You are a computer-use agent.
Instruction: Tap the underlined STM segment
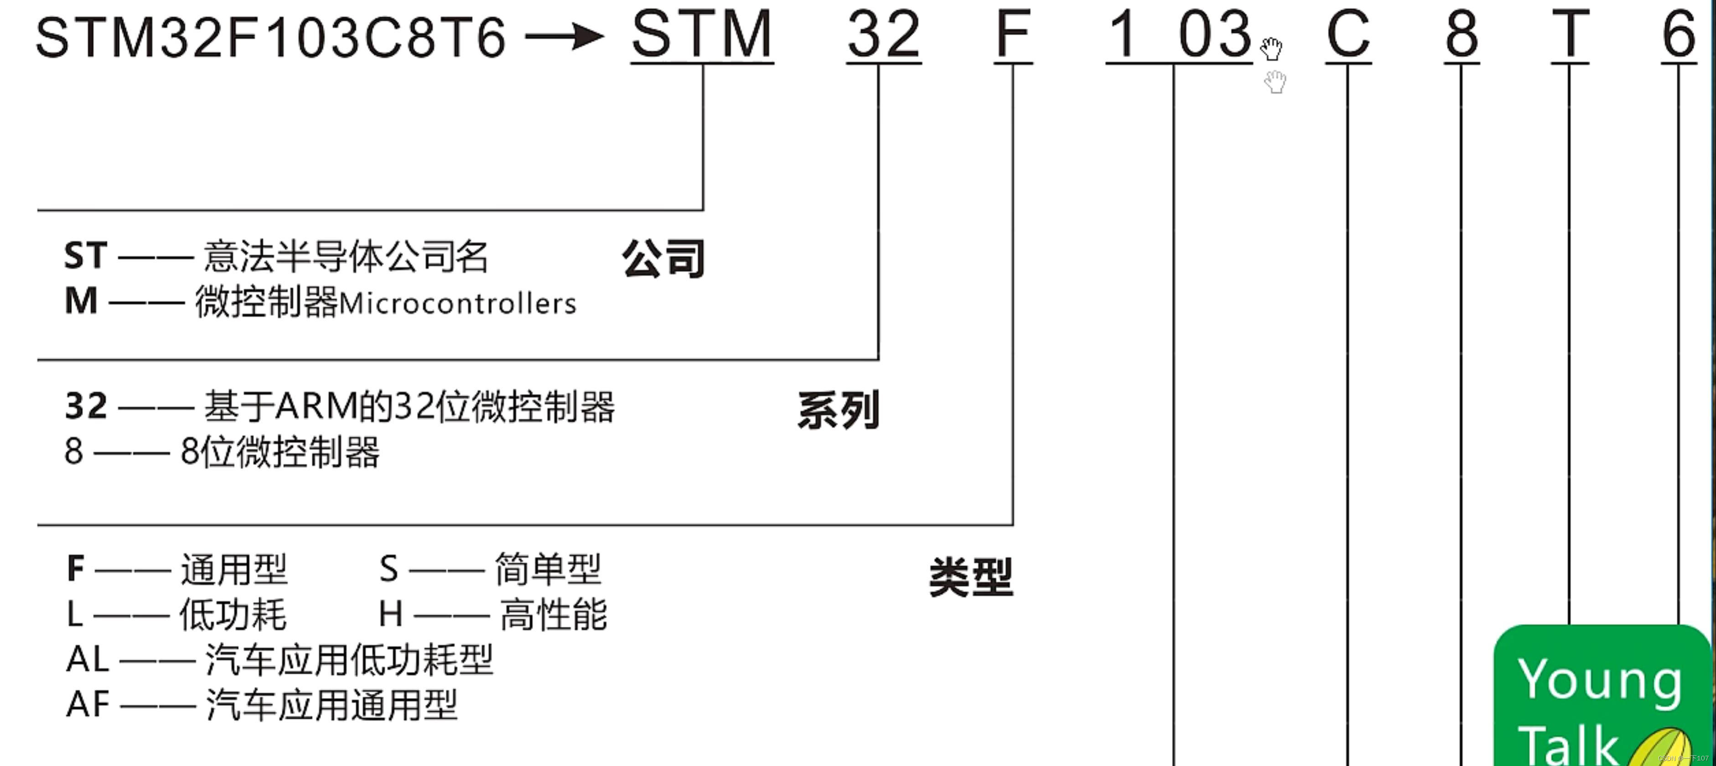click(x=702, y=35)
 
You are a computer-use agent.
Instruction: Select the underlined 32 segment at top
click(x=883, y=35)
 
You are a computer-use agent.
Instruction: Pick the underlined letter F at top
click(x=1012, y=35)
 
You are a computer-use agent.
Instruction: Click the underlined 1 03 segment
click(x=1179, y=35)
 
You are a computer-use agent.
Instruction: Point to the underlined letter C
click(x=1348, y=35)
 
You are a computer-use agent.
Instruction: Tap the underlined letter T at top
click(x=1570, y=35)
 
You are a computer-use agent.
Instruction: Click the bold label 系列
click(x=839, y=410)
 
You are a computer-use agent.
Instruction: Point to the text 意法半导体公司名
click(x=346, y=257)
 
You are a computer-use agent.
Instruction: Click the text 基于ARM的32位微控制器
click(x=409, y=407)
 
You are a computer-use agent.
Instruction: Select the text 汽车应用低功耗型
click(x=349, y=660)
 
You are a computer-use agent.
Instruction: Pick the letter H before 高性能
click(x=390, y=614)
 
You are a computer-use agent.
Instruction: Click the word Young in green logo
click(x=1599, y=680)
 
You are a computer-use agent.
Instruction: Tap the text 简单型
click(x=548, y=569)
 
